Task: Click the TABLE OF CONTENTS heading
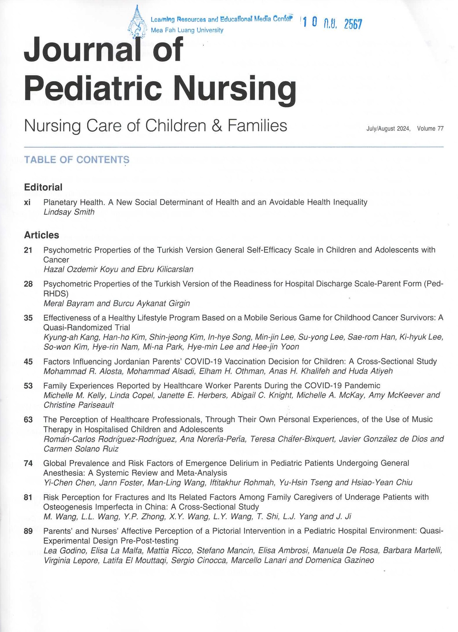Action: click(77, 160)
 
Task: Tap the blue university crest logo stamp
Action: click(137, 23)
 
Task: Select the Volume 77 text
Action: click(430, 129)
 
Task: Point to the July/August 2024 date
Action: click(388, 129)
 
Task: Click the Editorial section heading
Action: click(43, 187)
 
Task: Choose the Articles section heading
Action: click(41, 235)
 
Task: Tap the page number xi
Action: click(27, 202)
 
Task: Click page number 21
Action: click(28, 250)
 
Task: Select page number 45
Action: click(28, 362)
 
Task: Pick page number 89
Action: click(28, 531)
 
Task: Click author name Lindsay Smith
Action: click(69, 212)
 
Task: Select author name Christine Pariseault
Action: click(79, 405)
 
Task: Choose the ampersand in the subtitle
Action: click(217, 126)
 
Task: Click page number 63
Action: click(28, 419)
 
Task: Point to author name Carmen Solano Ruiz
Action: click(81, 449)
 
